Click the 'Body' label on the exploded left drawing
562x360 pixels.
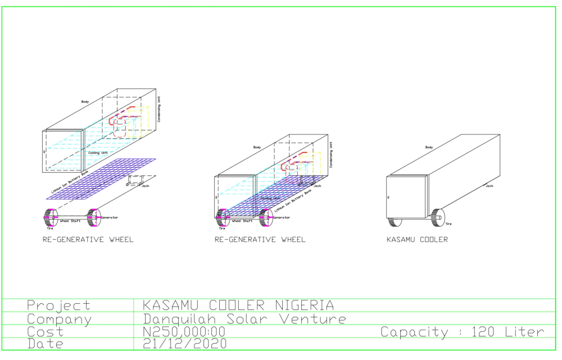[x=85, y=102]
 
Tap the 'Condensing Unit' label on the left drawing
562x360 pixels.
[x=159, y=109]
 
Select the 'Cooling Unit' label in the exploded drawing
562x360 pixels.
[x=98, y=152]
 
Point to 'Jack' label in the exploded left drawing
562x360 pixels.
[x=145, y=186]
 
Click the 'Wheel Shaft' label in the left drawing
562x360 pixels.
[x=70, y=221]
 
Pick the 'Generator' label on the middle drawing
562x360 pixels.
[x=282, y=218]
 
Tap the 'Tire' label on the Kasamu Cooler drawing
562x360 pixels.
[x=448, y=224]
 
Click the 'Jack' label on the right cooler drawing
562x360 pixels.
[x=489, y=186]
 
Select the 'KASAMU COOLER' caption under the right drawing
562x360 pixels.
[x=417, y=240]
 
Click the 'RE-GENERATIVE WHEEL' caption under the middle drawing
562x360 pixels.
[x=260, y=240]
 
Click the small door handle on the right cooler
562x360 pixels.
[x=388, y=197]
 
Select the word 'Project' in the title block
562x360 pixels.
[x=58, y=305]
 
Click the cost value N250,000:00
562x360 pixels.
[x=184, y=332]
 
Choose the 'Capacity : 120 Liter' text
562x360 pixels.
[x=462, y=332]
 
